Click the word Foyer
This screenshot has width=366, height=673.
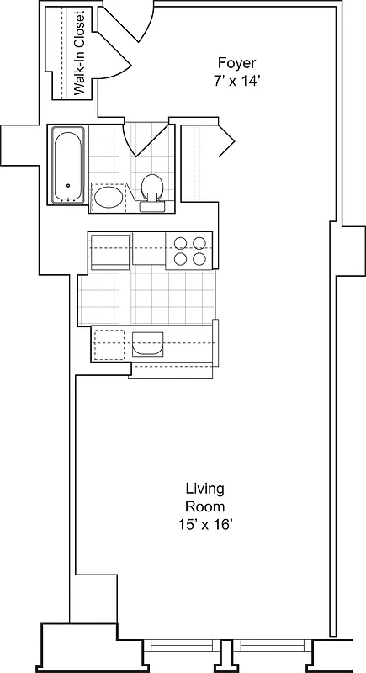[236, 64]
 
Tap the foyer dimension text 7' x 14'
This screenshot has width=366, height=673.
[236, 82]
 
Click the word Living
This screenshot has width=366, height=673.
[204, 489]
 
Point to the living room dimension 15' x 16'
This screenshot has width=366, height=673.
[204, 524]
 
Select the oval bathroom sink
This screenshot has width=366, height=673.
[107, 198]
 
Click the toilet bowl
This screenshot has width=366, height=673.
[152, 185]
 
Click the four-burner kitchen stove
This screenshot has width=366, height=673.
[189, 251]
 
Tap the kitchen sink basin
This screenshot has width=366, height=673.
[147, 344]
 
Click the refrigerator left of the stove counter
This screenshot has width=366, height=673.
[109, 252]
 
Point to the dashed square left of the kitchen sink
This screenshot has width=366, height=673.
[109, 344]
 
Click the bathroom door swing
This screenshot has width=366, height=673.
[139, 139]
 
